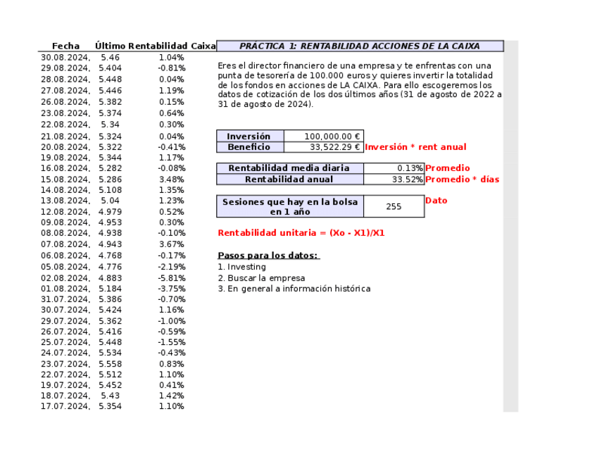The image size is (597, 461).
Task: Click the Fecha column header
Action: coord(65,46)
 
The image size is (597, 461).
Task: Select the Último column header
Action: coord(110,46)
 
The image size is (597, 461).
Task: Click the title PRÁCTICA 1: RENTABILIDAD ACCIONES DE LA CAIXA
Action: coord(360,46)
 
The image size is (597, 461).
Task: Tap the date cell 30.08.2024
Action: coord(65,57)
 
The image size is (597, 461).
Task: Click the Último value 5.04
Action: coord(110,201)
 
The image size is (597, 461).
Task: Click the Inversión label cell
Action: coord(249,137)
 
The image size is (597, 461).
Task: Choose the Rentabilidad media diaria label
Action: coord(289,168)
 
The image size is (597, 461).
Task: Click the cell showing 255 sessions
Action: coord(394,207)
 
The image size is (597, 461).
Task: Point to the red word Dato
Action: coord(436,201)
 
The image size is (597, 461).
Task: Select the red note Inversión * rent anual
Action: coord(415,147)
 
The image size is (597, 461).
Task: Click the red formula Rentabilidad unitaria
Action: coord(301,233)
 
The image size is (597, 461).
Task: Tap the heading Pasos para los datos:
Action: coord(268,255)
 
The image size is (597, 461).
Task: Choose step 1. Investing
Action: coord(242,267)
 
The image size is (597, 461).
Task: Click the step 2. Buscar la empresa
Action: coord(261,278)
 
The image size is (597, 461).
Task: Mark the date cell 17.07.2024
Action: coord(65,406)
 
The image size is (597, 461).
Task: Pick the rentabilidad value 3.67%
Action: coord(172,244)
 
